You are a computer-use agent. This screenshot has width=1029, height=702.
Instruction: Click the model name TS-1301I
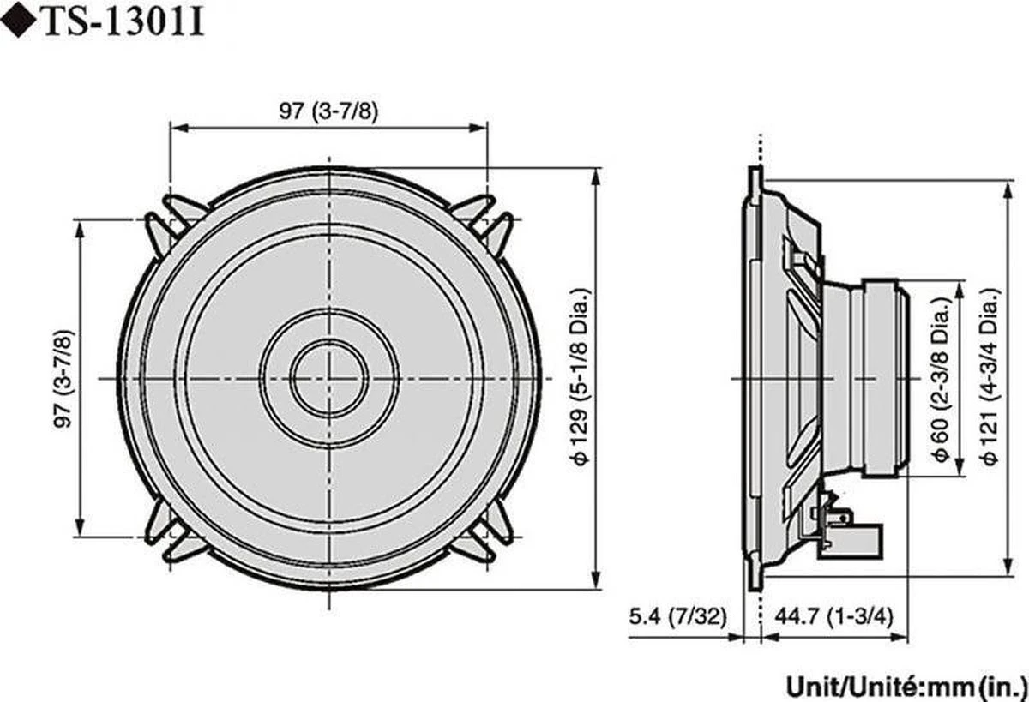pyautogui.click(x=122, y=23)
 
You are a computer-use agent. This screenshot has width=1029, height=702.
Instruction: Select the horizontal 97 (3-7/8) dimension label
pyautogui.click(x=328, y=112)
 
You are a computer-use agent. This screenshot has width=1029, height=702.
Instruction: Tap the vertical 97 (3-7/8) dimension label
pyautogui.click(x=63, y=378)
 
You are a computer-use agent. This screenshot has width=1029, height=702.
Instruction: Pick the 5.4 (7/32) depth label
pyautogui.click(x=677, y=615)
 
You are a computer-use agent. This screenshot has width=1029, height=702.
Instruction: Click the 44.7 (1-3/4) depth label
pyautogui.click(x=833, y=615)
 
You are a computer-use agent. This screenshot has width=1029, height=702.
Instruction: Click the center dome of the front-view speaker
pyautogui.click(x=328, y=378)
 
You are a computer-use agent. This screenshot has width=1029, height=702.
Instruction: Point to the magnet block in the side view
pyautogui.click(x=883, y=377)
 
